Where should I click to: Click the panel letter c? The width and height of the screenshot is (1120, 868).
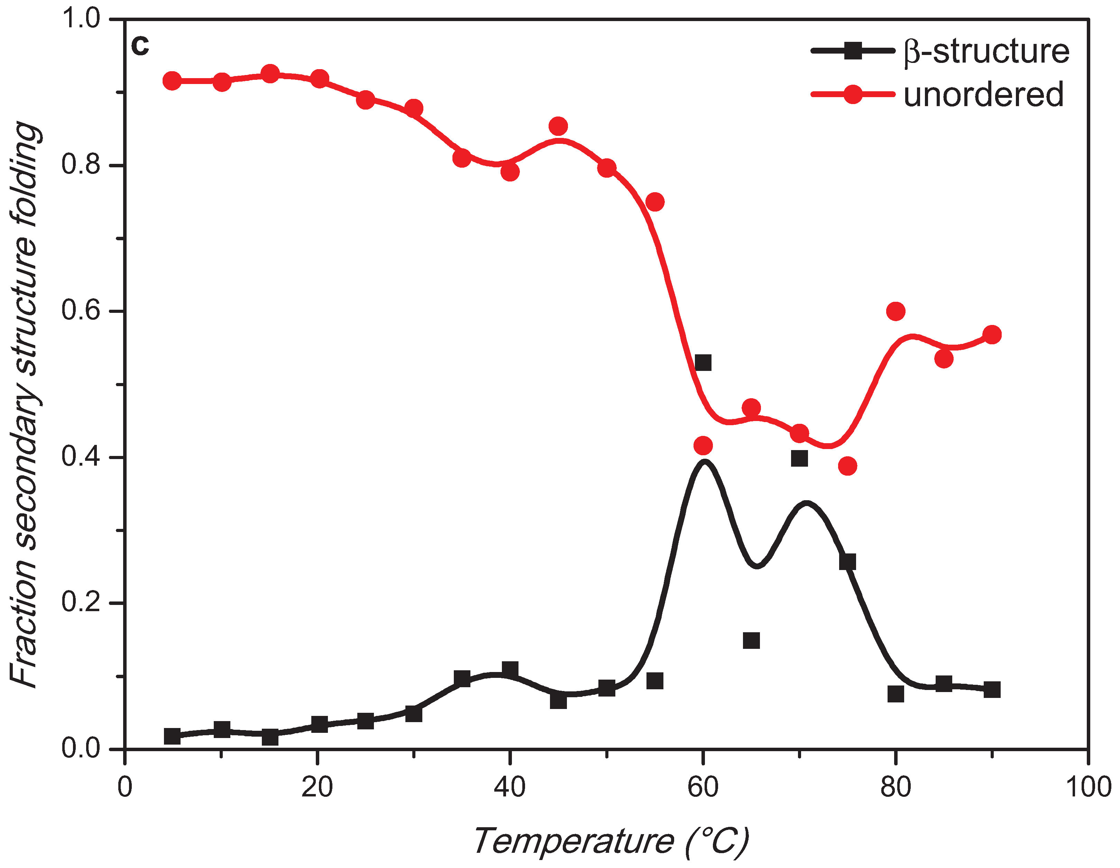pyautogui.click(x=139, y=46)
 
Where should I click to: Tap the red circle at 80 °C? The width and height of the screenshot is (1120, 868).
pyautogui.click(x=896, y=311)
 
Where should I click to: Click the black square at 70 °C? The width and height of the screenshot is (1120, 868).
pyautogui.click(x=799, y=458)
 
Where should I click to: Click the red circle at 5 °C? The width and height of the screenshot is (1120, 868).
pyautogui.click(x=172, y=81)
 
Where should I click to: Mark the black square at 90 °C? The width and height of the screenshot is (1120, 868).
pyautogui.click(x=992, y=690)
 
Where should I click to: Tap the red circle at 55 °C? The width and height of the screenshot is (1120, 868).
pyautogui.click(x=654, y=202)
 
